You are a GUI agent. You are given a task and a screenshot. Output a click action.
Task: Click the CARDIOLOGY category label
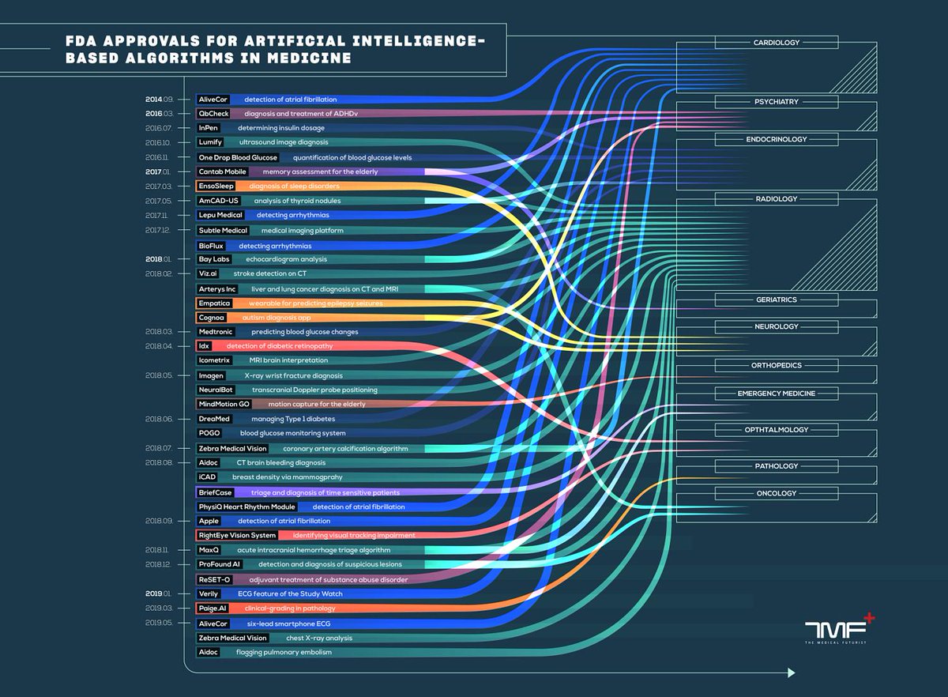tap(776, 43)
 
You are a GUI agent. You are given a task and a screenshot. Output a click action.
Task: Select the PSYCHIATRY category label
tap(776, 102)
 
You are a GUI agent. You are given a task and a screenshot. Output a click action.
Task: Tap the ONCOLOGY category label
tap(776, 494)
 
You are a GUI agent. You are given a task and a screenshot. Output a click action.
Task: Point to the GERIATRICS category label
tap(776, 300)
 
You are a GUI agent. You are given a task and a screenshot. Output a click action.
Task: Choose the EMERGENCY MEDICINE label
tap(776, 394)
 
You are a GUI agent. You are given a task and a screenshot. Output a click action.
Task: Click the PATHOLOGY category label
tap(776, 466)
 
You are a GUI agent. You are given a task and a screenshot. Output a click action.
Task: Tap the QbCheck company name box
tap(213, 114)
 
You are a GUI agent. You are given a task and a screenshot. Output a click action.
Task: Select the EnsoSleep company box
tap(216, 186)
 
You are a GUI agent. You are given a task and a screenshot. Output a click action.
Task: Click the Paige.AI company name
tap(213, 608)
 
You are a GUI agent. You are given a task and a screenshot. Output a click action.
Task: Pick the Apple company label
tap(209, 522)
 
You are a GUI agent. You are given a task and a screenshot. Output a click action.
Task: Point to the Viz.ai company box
tap(209, 273)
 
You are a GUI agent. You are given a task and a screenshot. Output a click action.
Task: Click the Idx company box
tap(204, 346)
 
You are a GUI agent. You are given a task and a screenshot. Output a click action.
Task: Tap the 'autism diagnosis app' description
tap(278, 318)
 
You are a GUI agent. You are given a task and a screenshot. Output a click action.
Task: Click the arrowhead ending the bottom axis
tap(791, 673)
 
